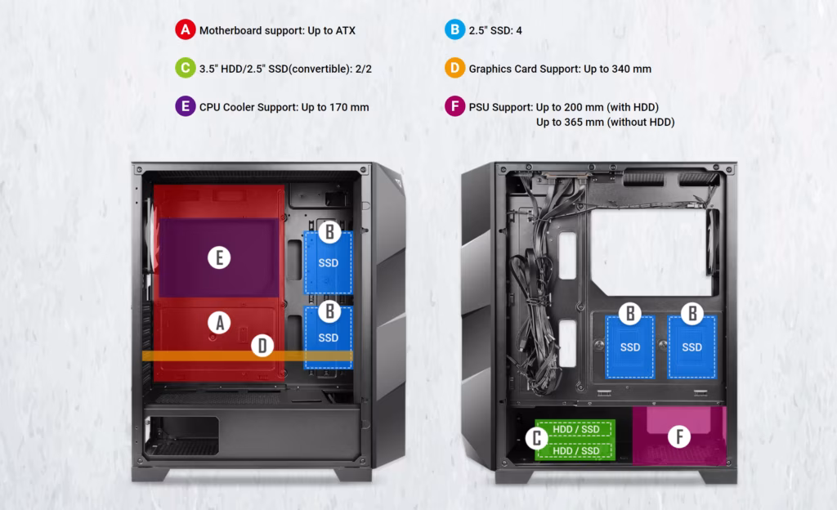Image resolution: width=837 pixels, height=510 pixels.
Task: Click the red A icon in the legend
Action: tap(186, 29)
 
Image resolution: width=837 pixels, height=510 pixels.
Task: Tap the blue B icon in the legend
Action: tap(454, 29)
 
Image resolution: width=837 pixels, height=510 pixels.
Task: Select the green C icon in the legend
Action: tap(186, 68)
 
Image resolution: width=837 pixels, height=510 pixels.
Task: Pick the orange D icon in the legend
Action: tap(454, 68)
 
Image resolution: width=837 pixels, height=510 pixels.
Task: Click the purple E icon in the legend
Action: tap(186, 106)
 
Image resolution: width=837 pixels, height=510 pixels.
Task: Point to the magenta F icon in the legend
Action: tap(454, 106)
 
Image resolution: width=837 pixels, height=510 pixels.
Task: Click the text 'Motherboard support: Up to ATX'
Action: tap(278, 30)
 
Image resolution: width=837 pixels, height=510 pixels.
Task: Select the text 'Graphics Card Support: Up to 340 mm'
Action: tap(560, 69)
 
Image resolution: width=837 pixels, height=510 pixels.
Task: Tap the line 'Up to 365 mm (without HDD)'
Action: tap(606, 122)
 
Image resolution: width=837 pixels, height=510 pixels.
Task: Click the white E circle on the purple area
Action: tap(219, 257)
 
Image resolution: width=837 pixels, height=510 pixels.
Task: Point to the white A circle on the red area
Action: tap(219, 323)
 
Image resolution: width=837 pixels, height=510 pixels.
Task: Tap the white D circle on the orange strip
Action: tap(262, 346)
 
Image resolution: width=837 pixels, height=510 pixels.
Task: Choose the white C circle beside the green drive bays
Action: tap(536, 438)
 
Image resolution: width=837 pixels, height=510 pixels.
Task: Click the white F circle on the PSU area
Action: tap(679, 437)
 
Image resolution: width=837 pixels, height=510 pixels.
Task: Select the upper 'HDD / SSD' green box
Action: tap(575, 429)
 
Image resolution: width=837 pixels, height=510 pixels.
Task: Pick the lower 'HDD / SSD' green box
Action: tap(575, 451)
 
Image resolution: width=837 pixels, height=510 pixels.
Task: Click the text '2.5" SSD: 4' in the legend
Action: tap(495, 30)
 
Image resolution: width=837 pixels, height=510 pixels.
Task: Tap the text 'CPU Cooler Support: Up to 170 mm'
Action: tap(284, 107)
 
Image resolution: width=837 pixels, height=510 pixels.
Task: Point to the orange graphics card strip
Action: tap(247, 356)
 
